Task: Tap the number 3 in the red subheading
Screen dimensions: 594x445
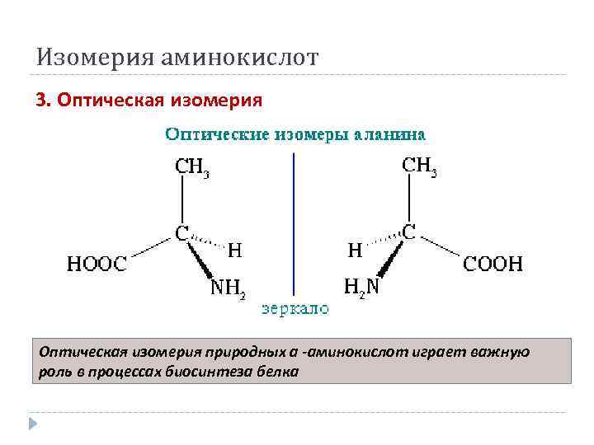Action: (x=41, y=101)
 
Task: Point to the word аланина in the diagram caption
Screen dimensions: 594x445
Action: (x=389, y=133)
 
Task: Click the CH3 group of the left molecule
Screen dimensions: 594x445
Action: (x=192, y=167)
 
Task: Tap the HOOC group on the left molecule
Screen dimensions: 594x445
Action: (x=97, y=264)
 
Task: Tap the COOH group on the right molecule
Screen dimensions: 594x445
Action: (x=493, y=264)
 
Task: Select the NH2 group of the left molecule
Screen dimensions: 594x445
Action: (x=228, y=288)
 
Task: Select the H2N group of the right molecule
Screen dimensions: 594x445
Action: (x=361, y=287)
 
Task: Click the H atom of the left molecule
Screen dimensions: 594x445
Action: (x=235, y=249)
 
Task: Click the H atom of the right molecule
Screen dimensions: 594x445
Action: (x=355, y=249)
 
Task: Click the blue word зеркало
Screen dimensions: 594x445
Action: (x=295, y=309)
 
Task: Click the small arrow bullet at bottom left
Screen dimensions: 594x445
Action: (x=34, y=424)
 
